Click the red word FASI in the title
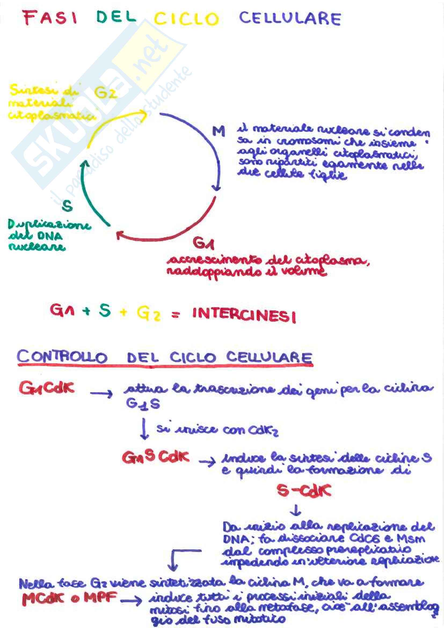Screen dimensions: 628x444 coord(50,18)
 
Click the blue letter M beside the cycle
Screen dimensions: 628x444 coord(219,132)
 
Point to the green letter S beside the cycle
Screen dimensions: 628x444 coord(67,206)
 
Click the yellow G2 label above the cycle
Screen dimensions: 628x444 coord(105,93)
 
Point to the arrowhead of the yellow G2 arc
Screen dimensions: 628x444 coord(143,114)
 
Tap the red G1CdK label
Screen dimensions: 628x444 coord(46,389)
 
